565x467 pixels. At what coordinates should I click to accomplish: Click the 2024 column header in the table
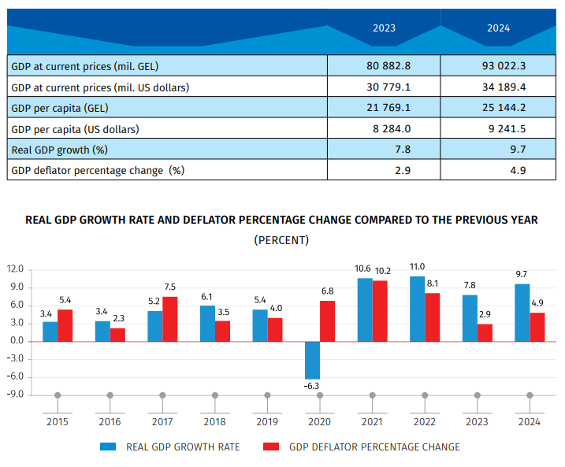pos(498,28)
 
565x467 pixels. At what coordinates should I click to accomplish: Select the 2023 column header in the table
pos(384,28)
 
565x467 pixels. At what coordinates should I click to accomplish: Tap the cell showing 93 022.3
pos(498,65)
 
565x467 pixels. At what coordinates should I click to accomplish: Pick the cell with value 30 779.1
pos(384,87)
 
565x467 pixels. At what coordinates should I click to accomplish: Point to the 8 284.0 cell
pos(384,128)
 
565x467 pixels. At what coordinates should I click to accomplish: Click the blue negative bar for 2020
pos(313,360)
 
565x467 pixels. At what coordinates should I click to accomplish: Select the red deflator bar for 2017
pos(170,319)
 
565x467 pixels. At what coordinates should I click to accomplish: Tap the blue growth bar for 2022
pos(418,308)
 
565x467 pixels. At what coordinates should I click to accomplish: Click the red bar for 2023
pos(485,332)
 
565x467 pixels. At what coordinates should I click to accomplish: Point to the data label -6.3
pos(313,386)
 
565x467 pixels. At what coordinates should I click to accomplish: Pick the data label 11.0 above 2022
pos(418,267)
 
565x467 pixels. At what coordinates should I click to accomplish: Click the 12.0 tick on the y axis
pos(16,269)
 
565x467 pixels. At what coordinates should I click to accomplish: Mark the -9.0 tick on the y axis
pos(16,395)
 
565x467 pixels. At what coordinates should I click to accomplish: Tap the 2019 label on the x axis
pos(267,422)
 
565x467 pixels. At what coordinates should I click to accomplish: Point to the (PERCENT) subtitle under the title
pos(281,239)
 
